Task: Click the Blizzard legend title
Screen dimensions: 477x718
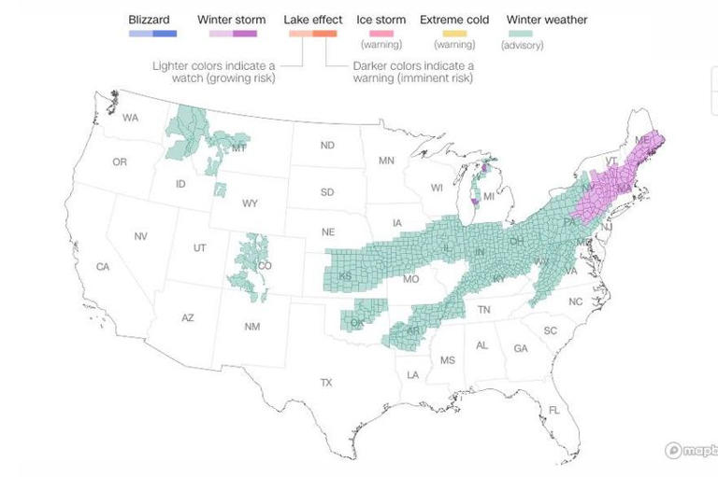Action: tap(149, 19)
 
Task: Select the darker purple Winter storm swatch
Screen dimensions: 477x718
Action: tap(245, 34)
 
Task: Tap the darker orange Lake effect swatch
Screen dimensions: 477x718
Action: tap(324, 34)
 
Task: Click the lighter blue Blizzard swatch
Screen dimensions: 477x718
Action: tap(139, 34)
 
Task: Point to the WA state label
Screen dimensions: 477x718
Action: tap(130, 118)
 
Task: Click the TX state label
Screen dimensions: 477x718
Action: tap(326, 383)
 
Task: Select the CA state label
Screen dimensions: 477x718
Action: tap(103, 267)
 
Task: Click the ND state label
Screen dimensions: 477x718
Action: tap(327, 146)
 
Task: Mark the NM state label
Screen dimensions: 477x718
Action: tap(252, 326)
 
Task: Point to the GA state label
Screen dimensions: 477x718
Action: tap(520, 348)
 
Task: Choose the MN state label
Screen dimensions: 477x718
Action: tap(386, 161)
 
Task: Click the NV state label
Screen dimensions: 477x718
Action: tap(140, 236)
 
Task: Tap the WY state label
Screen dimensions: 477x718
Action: tap(250, 203)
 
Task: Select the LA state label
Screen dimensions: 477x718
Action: tap(412, 374)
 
